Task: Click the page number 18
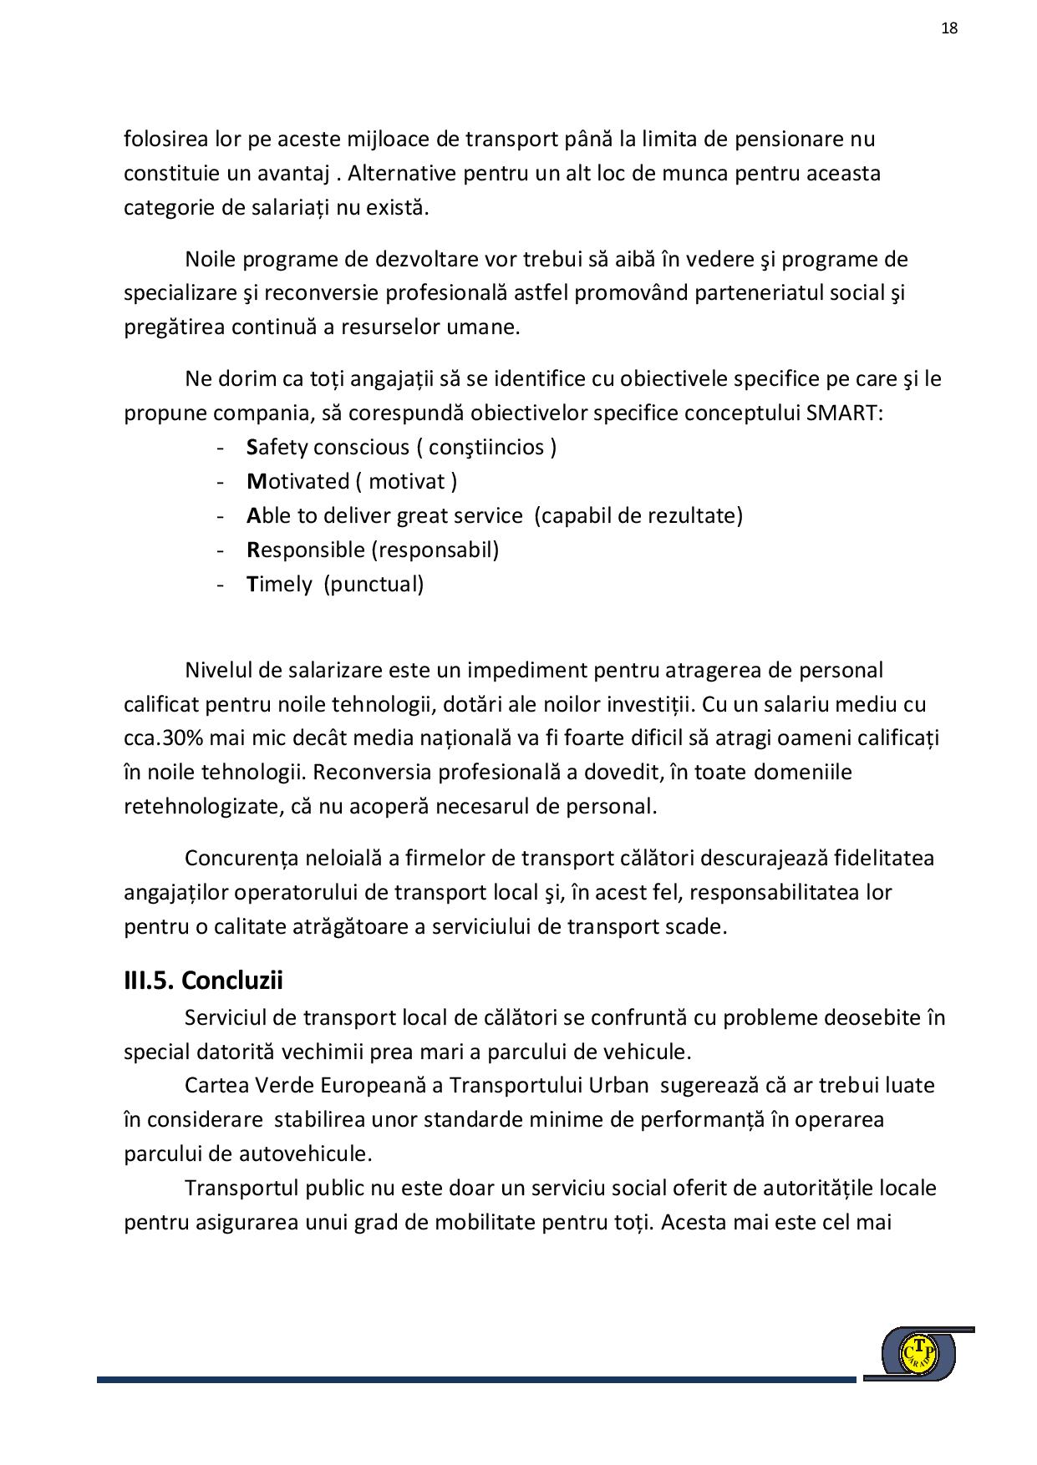[x=949, y=28]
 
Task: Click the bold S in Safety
[x=252, y=448]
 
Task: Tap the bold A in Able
[x=254, y=516]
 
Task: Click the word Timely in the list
[x=279, y=585]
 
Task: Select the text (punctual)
[x=374, y=585]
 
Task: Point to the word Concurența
[x=241, y=859]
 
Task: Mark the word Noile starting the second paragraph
[x=211, y=260]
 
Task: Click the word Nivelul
[x=219, y=671]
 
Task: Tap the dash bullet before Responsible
[x=221, y=550]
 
